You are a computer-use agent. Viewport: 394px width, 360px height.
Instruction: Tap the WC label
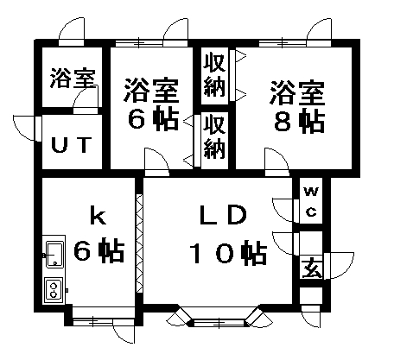[x=311, y=201]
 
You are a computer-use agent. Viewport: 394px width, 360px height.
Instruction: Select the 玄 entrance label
[x=311, y=268]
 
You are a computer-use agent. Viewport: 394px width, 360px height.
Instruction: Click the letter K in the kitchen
[x=98, y=216]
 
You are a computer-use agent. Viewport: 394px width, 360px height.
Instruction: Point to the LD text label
[x=224, y=215]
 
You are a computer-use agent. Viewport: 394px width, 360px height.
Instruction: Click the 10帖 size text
[x=228, y=252]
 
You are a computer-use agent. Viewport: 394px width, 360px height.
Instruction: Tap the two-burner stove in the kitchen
[x=54, y=290]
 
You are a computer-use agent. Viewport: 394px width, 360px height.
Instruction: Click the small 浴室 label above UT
[x=73, y=78]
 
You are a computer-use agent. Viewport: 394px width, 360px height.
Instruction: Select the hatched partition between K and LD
[x=139, y=243]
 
